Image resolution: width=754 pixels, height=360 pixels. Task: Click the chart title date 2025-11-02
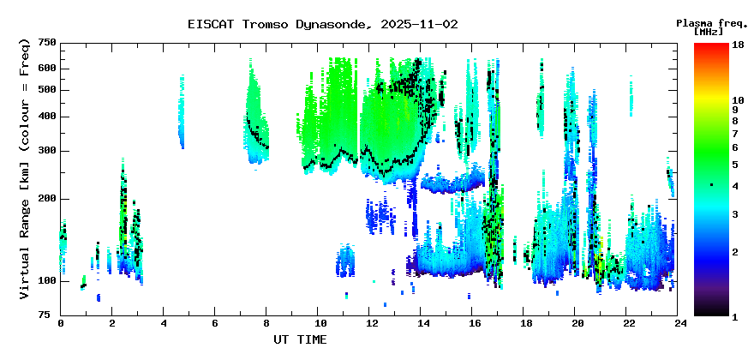coord(419,25)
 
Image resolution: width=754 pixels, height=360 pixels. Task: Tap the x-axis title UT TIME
coord(300,339)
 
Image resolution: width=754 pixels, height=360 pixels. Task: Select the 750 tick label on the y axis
coord(48,44)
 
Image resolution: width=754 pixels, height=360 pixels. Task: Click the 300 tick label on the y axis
coord(48,151)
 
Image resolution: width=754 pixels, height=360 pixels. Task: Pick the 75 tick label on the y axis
coord(51,315)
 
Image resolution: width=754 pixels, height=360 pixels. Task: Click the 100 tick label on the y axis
coord(48,281)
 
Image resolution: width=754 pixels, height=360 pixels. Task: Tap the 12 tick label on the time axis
coord(368,323)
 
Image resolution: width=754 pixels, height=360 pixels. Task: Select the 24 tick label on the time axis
coord(678,323)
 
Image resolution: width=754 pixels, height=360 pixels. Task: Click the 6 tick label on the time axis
coord(214,323)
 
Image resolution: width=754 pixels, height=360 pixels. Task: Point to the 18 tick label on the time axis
coord(524,323)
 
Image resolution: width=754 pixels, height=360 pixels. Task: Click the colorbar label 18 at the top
coord(738,44)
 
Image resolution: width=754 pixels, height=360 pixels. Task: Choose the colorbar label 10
coord(738,100)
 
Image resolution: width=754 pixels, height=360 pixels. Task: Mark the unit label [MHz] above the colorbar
coord(709,32)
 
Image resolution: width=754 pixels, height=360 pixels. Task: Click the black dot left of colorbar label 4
coord(712,185)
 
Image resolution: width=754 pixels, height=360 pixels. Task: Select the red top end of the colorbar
coord(711,45)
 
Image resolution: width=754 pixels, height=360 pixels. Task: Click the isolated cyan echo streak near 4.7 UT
coord(182,112)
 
